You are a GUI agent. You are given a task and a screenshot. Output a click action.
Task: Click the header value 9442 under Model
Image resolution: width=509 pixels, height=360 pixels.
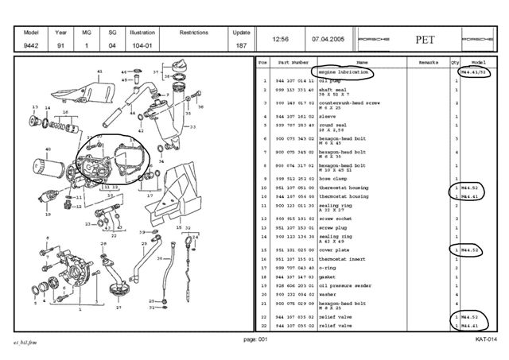pos(31,46)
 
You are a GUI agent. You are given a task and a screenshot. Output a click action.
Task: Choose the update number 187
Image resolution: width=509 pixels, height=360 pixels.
pos(240,46)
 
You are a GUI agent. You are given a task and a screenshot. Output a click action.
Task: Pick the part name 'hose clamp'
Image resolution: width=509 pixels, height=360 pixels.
pos(333,178)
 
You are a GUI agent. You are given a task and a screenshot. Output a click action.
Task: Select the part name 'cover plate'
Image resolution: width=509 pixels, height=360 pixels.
pos(334,250)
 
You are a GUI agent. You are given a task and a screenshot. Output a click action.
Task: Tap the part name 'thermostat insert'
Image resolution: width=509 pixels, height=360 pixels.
pos(341,259)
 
